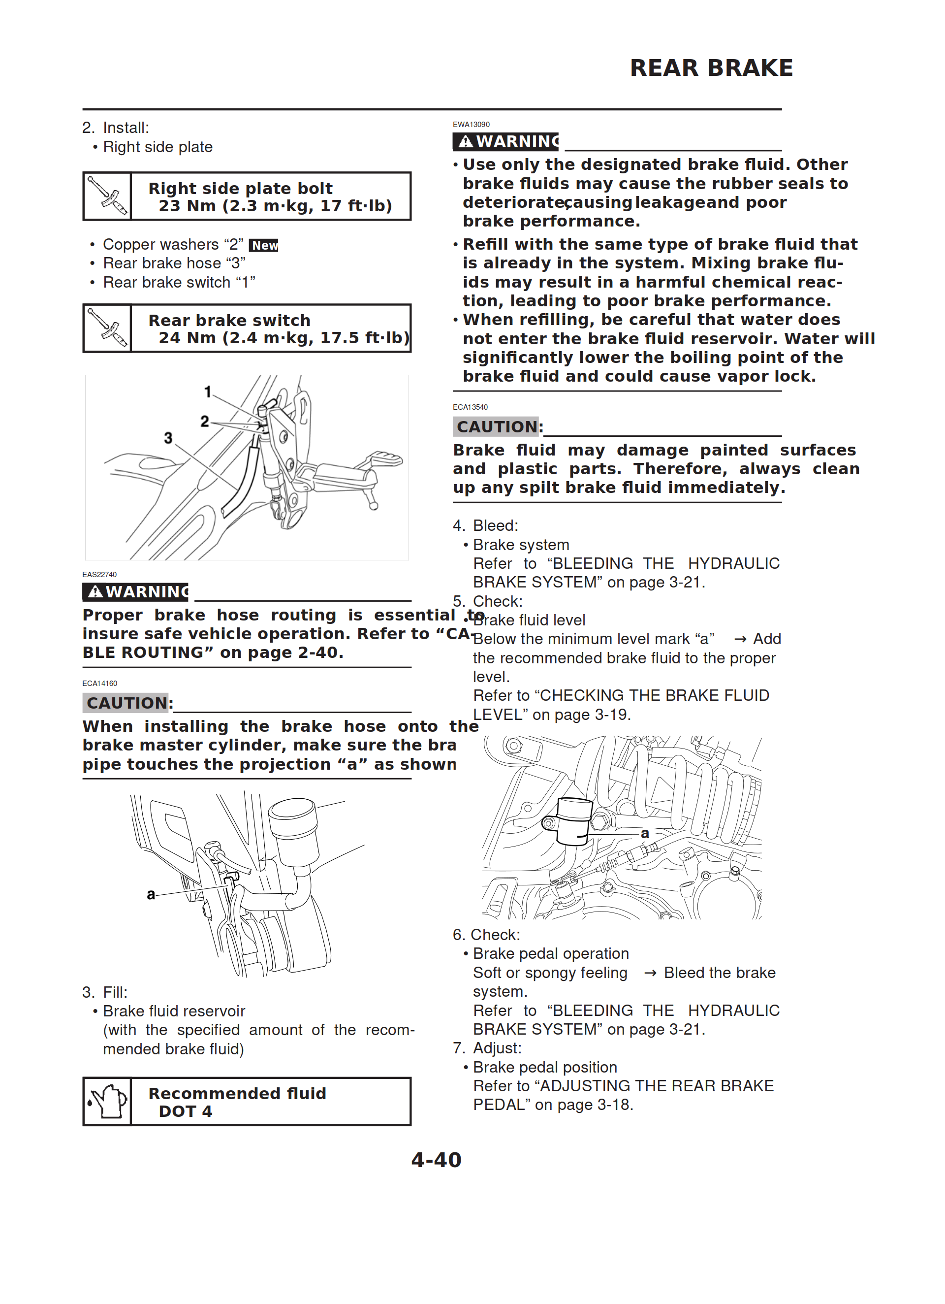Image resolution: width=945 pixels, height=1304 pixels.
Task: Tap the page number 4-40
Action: click(x=436, y=1160)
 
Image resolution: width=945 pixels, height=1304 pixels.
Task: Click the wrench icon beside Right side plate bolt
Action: click(x=107, y=196)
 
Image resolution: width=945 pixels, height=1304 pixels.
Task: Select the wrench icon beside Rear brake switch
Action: click(x=107, y=328)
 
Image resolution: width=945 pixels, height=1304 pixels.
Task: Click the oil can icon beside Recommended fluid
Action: click(x=107, y=1101)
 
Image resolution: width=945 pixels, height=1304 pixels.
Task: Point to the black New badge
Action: click(x=264, y=246)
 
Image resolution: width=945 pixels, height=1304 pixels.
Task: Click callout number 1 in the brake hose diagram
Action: click(x=208, y=391)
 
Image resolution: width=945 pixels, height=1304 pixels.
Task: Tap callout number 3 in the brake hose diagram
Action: click(x=168, y=438)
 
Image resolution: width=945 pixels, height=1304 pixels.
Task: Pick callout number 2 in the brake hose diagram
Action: click(x=205, y=422)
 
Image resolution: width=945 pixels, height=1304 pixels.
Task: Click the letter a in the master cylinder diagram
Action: click(x=151, y=895)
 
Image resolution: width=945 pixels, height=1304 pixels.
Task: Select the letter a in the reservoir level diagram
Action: click(x=645, y=833)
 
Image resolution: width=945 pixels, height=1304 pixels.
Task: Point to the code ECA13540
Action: click(x=470, y=407)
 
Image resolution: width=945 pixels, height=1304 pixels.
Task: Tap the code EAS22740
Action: click(x=99, y=574)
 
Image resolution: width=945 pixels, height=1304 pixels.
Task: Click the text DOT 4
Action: click(x=185, y=1111)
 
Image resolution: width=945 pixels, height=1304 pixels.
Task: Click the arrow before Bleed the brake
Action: click(x=650, y=973)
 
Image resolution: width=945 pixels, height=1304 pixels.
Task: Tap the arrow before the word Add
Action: click(x=740, y=639)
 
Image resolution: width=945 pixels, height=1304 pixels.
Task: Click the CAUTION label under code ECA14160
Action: click(x=126, y=703)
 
